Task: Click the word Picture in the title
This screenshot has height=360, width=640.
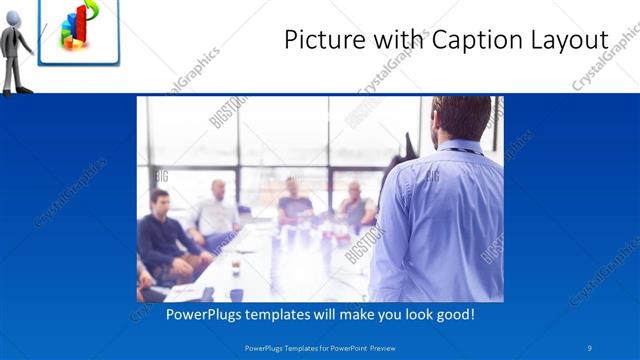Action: (322, 40)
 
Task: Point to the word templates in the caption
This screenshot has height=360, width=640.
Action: (289, 314)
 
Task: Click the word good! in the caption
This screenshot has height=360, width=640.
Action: (452, 314)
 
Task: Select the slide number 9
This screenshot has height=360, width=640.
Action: (589, 347)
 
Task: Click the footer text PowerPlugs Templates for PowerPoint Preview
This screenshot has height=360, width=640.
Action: (319, 347)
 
